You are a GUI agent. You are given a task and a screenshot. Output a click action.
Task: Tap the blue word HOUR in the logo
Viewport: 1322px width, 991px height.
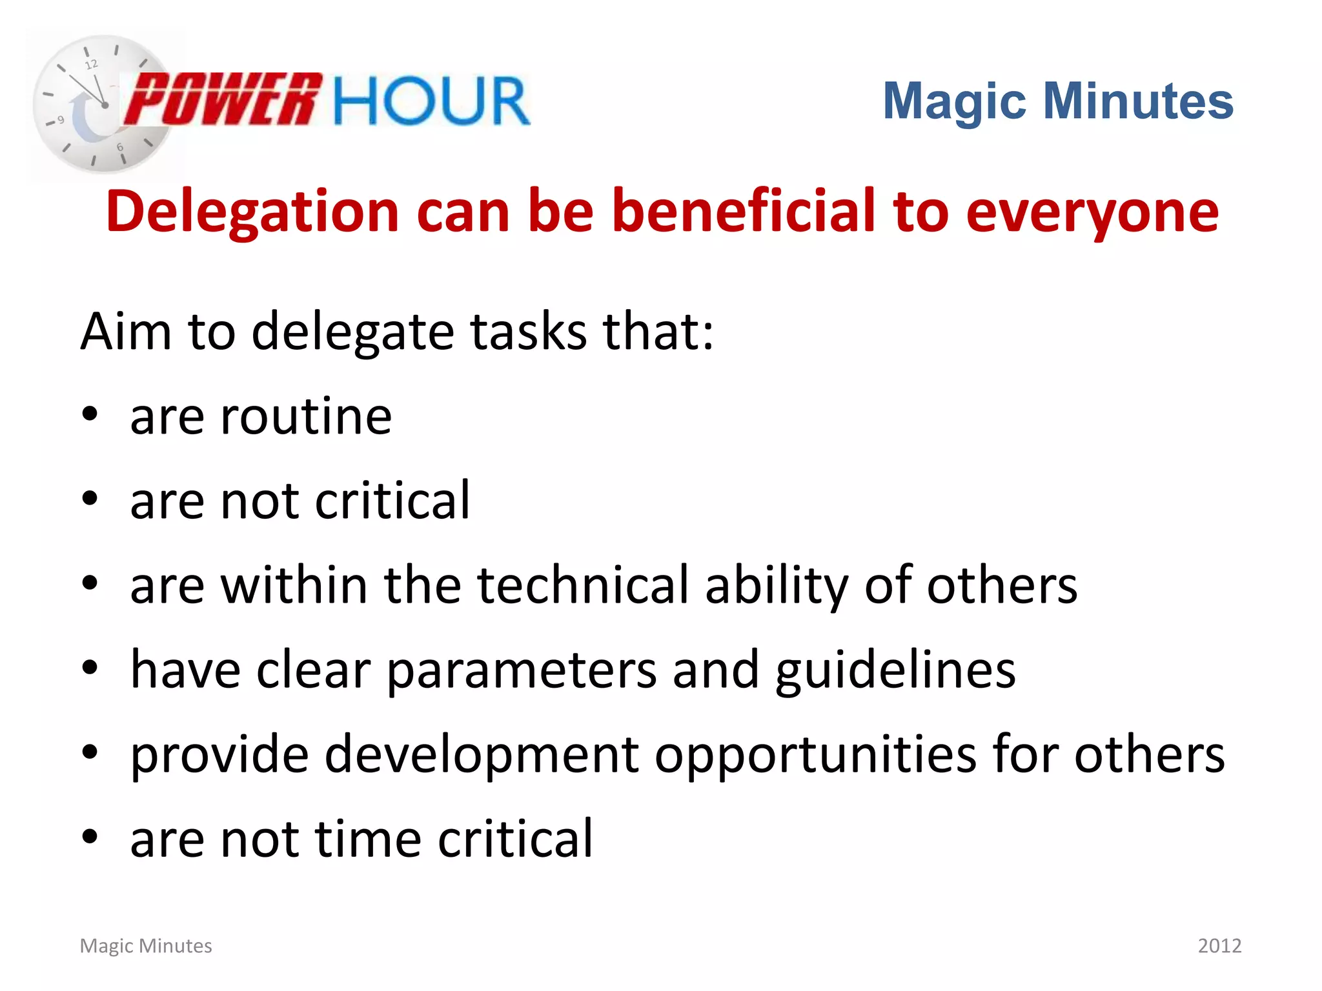[x=431, y=101]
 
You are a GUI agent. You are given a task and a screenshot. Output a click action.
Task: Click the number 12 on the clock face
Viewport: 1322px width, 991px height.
[x=92, y=65]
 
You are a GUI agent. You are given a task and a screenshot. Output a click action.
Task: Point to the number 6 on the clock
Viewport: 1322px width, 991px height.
[x=120, y=147]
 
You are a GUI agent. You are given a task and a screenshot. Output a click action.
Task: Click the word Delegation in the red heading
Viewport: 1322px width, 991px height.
[x=252, y=212]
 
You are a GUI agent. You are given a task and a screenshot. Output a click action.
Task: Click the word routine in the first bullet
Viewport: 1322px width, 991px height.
[x=306, y=417]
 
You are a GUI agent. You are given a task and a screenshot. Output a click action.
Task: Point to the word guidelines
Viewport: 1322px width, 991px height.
[x=895, y=672]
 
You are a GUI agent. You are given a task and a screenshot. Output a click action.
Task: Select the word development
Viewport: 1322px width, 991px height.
[x=482, y=756]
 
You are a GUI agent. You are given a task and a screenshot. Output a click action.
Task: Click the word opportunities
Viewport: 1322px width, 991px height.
[x=816, y=756]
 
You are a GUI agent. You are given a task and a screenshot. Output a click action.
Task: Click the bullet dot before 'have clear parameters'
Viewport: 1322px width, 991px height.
[x=90, y=668]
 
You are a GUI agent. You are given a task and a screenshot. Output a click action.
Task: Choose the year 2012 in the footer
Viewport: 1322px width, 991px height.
[x=1219, y=946]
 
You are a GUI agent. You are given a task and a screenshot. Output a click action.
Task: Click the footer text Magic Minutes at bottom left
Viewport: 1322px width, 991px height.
[x=146, y=946]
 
